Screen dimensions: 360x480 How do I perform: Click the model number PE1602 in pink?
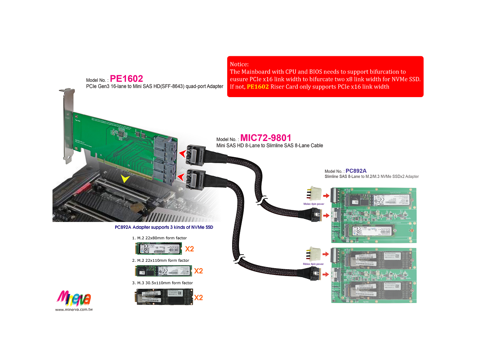click(126, 79)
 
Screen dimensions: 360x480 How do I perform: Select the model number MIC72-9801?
click(265, 138)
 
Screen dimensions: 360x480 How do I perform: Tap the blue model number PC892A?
click(356, 171)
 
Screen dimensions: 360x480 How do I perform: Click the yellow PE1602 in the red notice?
click(258, 87)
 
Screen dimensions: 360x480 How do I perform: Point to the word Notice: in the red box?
click(239, 64)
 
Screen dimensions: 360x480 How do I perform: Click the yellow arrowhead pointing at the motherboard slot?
click(125, 178)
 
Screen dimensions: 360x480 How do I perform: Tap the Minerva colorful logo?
click(74, 298)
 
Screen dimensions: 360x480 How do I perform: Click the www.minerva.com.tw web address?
click(74, 309)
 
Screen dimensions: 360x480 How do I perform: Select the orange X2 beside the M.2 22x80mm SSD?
click(189, 249)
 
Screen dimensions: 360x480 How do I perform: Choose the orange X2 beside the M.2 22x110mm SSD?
click(198, 271)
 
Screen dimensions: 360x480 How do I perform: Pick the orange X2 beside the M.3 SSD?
click(198, 298)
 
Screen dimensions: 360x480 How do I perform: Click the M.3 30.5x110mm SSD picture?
click(163, 297)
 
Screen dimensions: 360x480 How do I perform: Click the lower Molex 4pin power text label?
click(313, 264)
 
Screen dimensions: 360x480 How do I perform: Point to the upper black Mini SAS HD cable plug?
click(196, 154)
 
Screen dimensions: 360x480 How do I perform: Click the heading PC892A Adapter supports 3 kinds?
click(164, 227)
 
